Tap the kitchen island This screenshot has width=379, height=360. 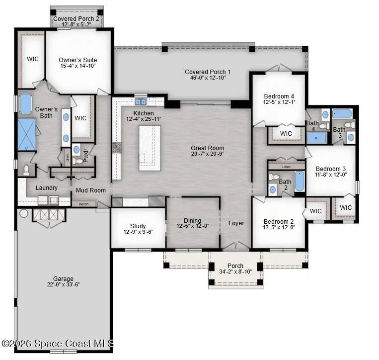pyautogui.click(x=150, y=148)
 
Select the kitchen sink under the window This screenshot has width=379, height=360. pyautogui.click(x=141, y=102)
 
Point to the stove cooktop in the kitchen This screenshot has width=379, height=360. pyautogui.click(x=116, y=148)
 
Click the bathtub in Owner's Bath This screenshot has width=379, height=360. pyautogui.click(x=25, y=104)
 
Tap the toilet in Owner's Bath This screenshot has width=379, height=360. pyautogui.click(x=26, y=170)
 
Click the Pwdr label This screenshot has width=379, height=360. pyautogui.click(x=85, y=156)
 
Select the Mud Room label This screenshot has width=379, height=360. pyautogui.click(x=91, y=190)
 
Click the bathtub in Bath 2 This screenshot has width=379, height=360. pyautogui.click(x=299, y=181)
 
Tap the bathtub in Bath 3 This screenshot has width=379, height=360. pyautogui.click(x=342, y=113)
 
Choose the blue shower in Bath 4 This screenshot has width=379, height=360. pyautogui.click(x=316, y=138)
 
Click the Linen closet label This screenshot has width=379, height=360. pyautogui.click(x=286, y=167)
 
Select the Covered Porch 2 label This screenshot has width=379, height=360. pyautogui.click(x=76, y=18)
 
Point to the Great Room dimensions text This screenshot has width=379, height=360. pyautogui.click(x=207, y=155)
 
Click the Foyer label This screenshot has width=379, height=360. pyautogui.click(x=236, y=223)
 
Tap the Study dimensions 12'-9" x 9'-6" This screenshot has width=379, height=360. pyautogui.click(x=138, y=232)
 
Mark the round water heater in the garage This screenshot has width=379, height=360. pyautogui.click(x=23, y=214)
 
